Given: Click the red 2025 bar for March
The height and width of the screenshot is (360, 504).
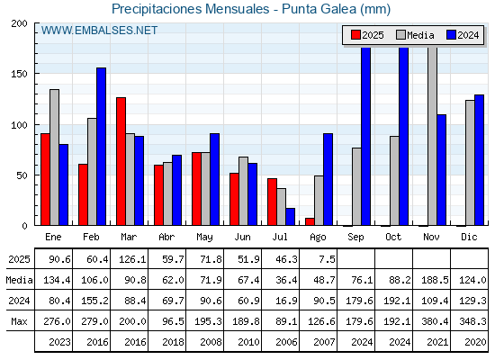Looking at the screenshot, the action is point(121,161).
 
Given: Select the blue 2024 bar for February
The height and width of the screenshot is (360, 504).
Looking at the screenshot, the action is point(101,147).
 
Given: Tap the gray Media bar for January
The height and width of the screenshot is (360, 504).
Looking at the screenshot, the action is point(54,157).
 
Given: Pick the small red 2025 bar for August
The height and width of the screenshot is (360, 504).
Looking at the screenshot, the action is point(310,221).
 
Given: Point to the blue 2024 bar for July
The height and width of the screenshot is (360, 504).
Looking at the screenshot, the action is point(291,217).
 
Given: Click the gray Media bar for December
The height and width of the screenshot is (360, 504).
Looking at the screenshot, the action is point(470,163).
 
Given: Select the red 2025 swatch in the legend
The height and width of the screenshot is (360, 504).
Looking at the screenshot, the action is point(355,35).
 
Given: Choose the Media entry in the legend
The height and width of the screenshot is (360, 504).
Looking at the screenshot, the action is point(415,35).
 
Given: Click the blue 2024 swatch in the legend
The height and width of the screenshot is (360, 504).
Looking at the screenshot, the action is point(452,35).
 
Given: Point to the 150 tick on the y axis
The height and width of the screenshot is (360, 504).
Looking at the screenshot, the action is point(37,74).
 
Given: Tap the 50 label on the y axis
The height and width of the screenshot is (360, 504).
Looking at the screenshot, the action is point(22,175).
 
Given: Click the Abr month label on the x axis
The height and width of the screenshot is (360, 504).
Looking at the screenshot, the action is point(166,237).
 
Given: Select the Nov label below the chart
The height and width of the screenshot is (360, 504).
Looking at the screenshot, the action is point(431,237).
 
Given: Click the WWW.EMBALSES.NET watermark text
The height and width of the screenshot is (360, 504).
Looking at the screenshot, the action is point(99,31).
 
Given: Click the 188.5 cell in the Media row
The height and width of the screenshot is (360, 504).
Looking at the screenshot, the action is point(435,280).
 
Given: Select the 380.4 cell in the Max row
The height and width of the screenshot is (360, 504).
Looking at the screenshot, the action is point(435,321).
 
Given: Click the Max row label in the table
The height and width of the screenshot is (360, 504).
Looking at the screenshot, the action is point(19,321).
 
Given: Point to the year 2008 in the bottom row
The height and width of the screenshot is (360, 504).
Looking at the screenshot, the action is point(211,342).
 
